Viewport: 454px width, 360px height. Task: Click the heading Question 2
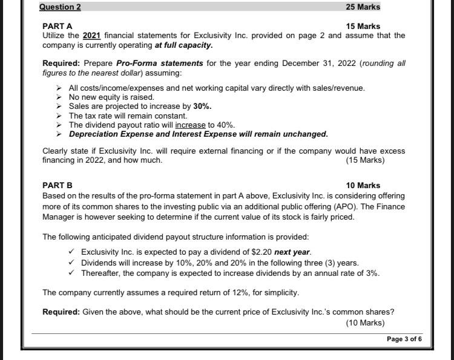(60, 7)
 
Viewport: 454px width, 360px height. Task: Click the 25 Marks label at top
(363, 7)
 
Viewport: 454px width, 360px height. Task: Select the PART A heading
(57, 26)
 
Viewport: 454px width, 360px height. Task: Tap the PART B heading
(57, 185)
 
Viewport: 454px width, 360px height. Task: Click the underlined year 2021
(92, 36)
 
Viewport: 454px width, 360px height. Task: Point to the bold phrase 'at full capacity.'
(183, 45)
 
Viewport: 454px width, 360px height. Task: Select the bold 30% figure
(202, 106)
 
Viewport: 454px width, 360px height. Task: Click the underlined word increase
(191, 125)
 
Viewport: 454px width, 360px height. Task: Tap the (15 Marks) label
(365, 160)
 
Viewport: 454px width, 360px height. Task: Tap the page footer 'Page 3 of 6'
(404, 339)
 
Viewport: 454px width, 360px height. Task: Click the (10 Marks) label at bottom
(365, 322)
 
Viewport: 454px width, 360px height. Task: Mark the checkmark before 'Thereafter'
(72, 273)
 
